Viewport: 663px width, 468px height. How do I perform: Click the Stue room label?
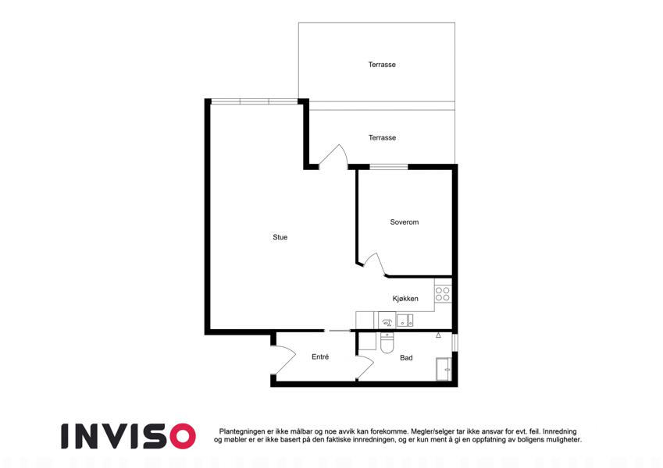coord(280,237)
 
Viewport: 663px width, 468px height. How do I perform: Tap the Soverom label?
coord(405,222)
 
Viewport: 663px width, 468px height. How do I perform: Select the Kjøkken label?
coord(405,299)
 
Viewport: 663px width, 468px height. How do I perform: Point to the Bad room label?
coord(406,358)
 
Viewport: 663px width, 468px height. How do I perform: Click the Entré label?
coord(320,357)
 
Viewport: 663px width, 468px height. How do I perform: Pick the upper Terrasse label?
coord(382,65)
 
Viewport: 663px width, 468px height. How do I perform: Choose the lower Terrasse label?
coord(382,138)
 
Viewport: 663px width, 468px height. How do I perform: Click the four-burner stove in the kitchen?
coord(443,294)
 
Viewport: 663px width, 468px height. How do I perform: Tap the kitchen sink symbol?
coord(405,321)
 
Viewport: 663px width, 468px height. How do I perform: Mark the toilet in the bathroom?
coord(387,342)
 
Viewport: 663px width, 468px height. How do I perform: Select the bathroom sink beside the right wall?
coord(444,369)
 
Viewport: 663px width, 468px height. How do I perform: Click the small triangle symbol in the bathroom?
coord(438,335)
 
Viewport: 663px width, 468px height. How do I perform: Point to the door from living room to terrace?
coord(333,157)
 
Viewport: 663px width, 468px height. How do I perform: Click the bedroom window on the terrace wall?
coord(389,167)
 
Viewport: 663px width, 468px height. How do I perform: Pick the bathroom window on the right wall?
coord(455,343)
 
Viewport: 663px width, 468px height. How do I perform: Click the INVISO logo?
coord(128,436)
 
